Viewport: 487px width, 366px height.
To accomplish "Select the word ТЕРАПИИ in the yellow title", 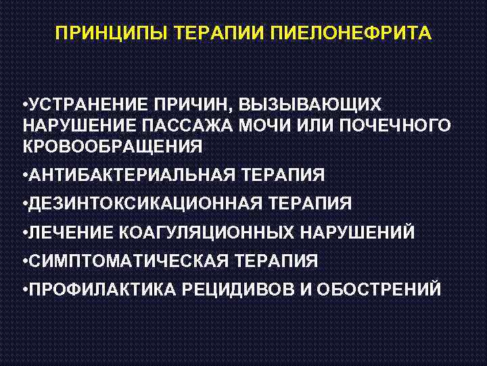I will point(218,33).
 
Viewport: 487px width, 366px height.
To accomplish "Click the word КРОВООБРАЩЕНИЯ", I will point(112,146).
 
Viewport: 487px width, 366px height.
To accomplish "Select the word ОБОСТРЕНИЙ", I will point(378,289).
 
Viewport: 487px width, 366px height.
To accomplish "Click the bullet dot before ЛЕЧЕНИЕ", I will point(24,232).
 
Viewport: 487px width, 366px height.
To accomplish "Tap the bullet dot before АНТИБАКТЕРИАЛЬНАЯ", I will point(24,176).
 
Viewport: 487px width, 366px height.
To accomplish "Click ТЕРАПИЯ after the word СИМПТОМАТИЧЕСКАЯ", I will point(275,261).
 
